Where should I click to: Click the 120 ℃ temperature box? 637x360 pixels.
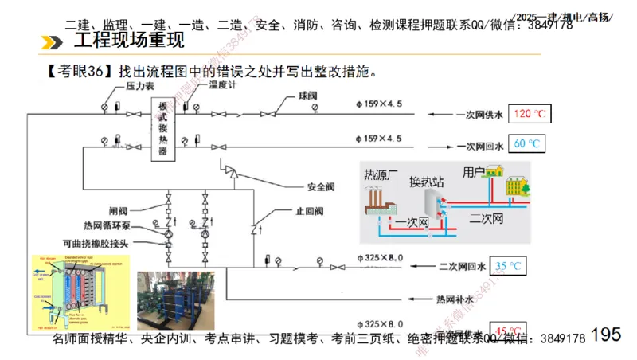point(530,114)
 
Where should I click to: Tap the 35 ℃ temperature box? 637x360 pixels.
point(509,266)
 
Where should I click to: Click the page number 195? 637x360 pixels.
point(607,334)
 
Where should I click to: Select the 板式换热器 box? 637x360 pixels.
point(163,129)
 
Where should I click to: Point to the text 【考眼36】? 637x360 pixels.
point(80,72)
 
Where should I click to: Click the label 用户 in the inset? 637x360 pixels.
point(475,171)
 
